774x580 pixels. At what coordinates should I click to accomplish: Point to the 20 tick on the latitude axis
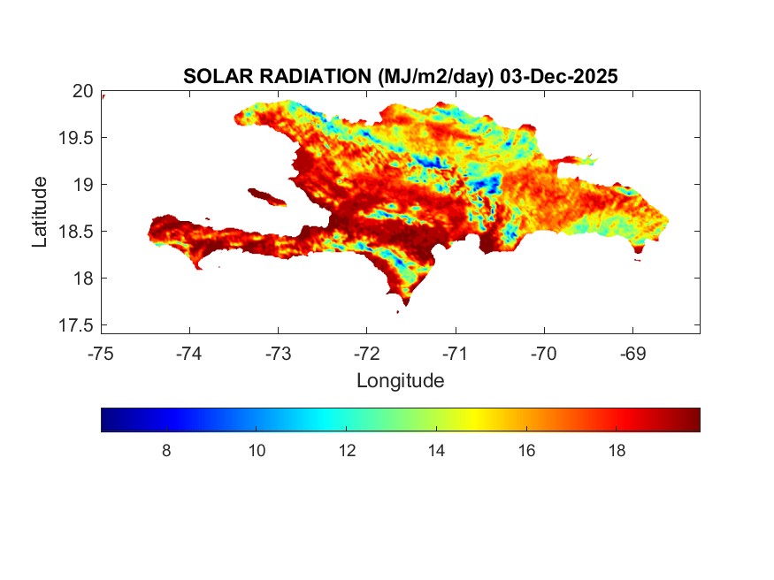point(82,91)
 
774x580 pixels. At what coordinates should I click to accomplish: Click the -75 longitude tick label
point(101,355)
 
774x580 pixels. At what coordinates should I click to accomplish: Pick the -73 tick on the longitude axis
point(278,355)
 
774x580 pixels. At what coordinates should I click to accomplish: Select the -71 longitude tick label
point(456,355)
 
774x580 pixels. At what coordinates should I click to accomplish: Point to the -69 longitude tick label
point(632,355)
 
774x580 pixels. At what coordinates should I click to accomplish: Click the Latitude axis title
point(40,210)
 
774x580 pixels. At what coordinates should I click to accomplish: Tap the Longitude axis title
point(400,381)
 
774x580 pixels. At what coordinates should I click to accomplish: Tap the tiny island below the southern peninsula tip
point(398,312)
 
